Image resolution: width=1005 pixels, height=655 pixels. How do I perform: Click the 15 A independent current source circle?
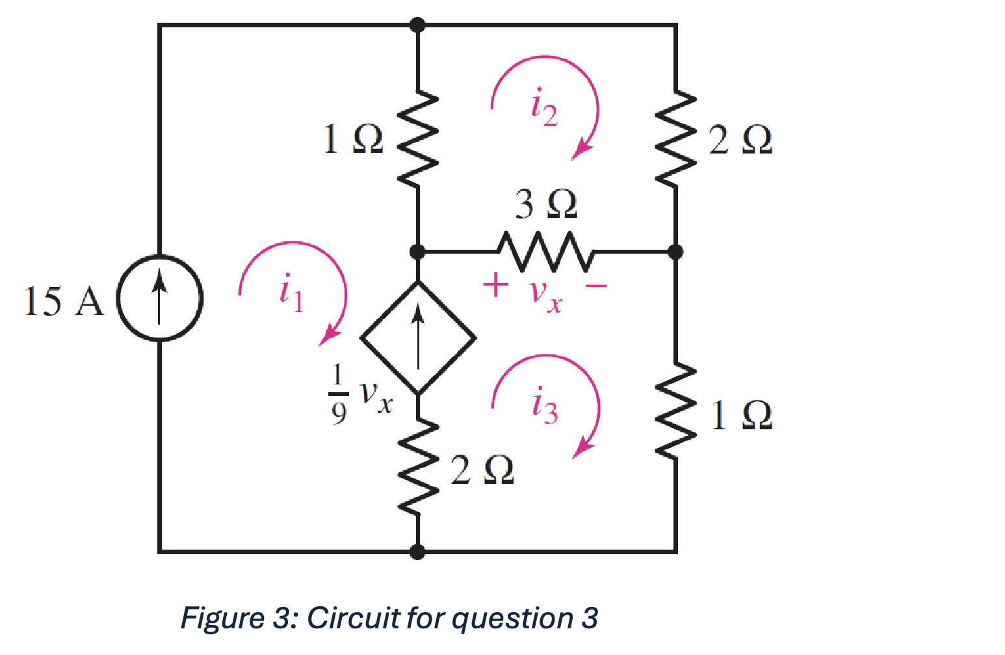(x=159, y=299)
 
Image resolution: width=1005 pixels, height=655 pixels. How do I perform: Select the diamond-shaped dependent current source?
(x=418, y=338)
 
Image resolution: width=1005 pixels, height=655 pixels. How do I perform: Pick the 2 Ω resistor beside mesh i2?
(x=676, y=138)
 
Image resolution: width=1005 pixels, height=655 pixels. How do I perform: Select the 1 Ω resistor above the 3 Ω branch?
(x=418, y=138)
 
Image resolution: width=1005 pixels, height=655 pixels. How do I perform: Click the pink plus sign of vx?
(x=495, y=285)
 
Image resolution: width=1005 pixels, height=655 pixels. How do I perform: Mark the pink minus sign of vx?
(x=596, y=285)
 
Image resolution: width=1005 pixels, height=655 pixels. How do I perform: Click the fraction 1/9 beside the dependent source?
(x=337, y=394)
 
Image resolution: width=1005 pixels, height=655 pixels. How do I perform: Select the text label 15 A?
(x=63, y=301)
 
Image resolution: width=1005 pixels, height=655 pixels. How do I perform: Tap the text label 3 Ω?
(x=546, y=204)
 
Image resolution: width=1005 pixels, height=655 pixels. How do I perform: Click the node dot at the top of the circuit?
(x=418, y=25)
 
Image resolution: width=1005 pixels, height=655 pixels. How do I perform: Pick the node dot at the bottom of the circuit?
(x=418, y=552)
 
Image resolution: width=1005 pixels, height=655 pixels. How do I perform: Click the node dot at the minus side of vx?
(x=676, y=251)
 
